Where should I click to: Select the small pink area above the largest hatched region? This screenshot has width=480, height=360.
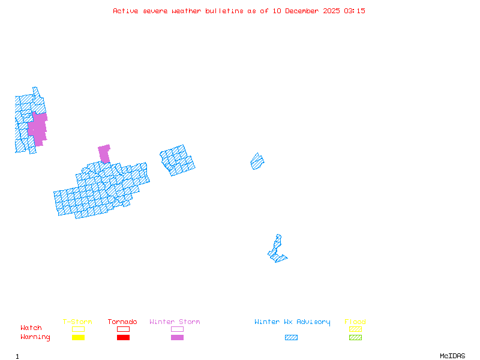104,153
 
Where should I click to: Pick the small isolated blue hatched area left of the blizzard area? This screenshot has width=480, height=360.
257,161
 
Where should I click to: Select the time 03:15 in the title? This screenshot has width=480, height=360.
355,11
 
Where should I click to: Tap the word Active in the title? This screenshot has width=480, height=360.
126,11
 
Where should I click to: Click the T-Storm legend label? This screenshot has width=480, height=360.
77,322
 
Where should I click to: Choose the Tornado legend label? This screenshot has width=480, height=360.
122,322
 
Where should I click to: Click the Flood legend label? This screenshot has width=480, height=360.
355,322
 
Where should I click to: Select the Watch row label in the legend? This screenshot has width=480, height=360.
31,328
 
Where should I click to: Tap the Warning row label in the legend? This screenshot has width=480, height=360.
35,337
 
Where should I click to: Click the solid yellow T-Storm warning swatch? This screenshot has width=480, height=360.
78,338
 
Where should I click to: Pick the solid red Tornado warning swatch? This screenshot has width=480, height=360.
123,338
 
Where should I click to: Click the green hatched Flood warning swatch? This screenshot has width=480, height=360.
355,338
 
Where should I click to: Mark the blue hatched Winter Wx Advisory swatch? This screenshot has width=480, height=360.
291,338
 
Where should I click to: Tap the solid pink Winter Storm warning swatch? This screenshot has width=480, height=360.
177,338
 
